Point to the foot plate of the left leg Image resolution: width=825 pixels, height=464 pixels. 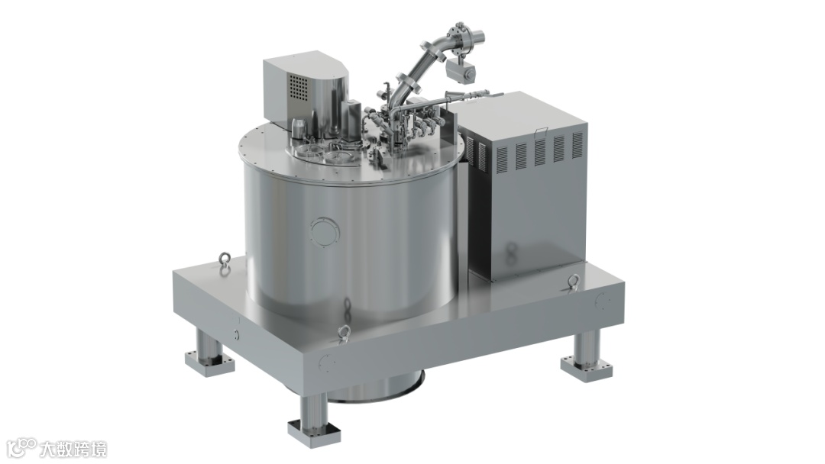click(209, 362)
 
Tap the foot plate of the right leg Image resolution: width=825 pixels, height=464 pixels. click(587, 367)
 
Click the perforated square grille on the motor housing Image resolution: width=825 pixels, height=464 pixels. click(299, 86)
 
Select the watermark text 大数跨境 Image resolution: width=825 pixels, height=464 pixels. click(73, 449)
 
